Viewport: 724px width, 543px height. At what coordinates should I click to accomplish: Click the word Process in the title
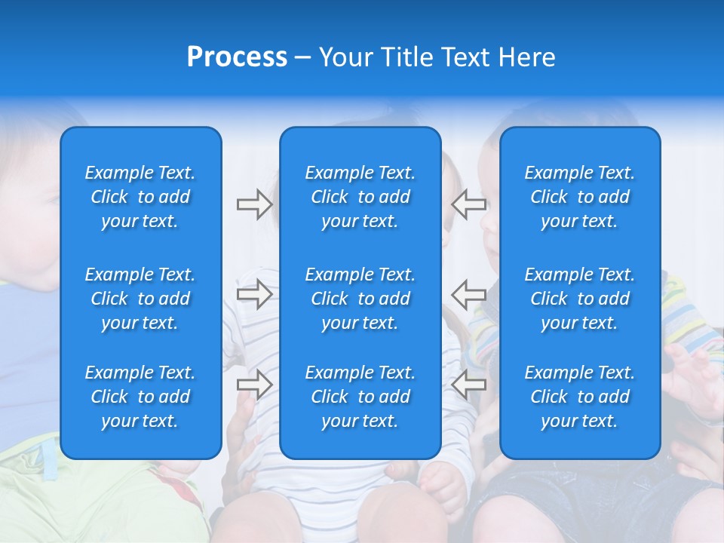point(237,57)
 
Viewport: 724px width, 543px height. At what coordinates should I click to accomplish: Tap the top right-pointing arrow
point(254,204)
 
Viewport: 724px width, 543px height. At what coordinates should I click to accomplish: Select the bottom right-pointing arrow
point(254,384)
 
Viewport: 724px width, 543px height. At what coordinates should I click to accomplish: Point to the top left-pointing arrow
point(468,204)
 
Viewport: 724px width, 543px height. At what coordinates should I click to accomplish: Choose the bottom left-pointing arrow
point(468,384)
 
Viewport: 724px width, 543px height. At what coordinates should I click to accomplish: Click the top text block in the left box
point(140,197)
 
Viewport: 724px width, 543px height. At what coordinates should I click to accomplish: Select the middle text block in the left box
point(140,299)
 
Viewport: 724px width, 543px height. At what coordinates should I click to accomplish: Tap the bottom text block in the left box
point(140,397)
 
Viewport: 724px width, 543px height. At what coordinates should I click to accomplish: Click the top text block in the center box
point(360,197)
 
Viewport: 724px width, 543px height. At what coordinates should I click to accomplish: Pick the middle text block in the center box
point(360,299)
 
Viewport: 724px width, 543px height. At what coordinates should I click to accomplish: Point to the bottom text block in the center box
point(360,397)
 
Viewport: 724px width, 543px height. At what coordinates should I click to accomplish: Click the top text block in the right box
point(579,197)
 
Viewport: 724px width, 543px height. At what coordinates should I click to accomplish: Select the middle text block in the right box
point(579,299)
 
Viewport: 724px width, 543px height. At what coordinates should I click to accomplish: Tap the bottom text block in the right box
point(579,397)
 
